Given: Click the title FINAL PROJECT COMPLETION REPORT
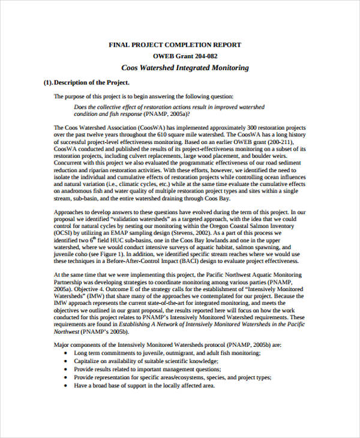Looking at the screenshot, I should (175, 44).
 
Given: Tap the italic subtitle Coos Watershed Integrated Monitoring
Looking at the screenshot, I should (185, 68).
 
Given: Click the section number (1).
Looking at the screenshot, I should (48, 82).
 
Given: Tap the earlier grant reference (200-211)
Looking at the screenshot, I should (293, 142).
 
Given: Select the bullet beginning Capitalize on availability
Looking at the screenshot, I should (146, 361).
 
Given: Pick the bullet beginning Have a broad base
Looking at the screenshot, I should (144, 386).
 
